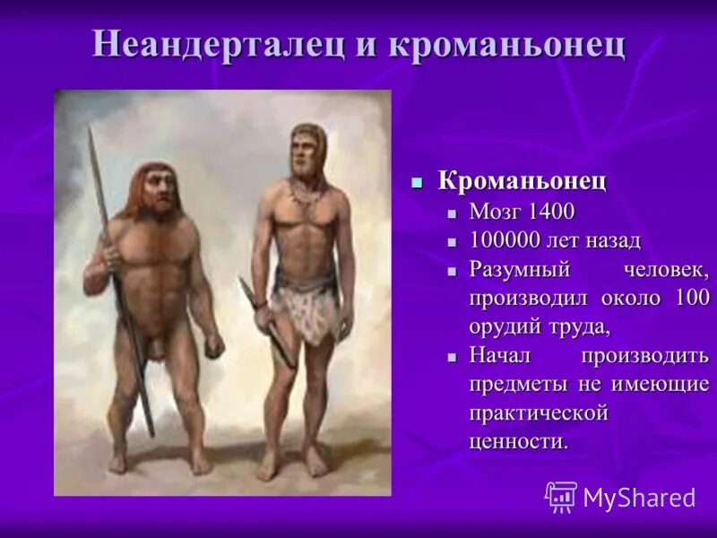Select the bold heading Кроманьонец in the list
522,181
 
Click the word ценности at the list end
518,441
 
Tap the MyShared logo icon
561,497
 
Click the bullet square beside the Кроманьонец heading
416,182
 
